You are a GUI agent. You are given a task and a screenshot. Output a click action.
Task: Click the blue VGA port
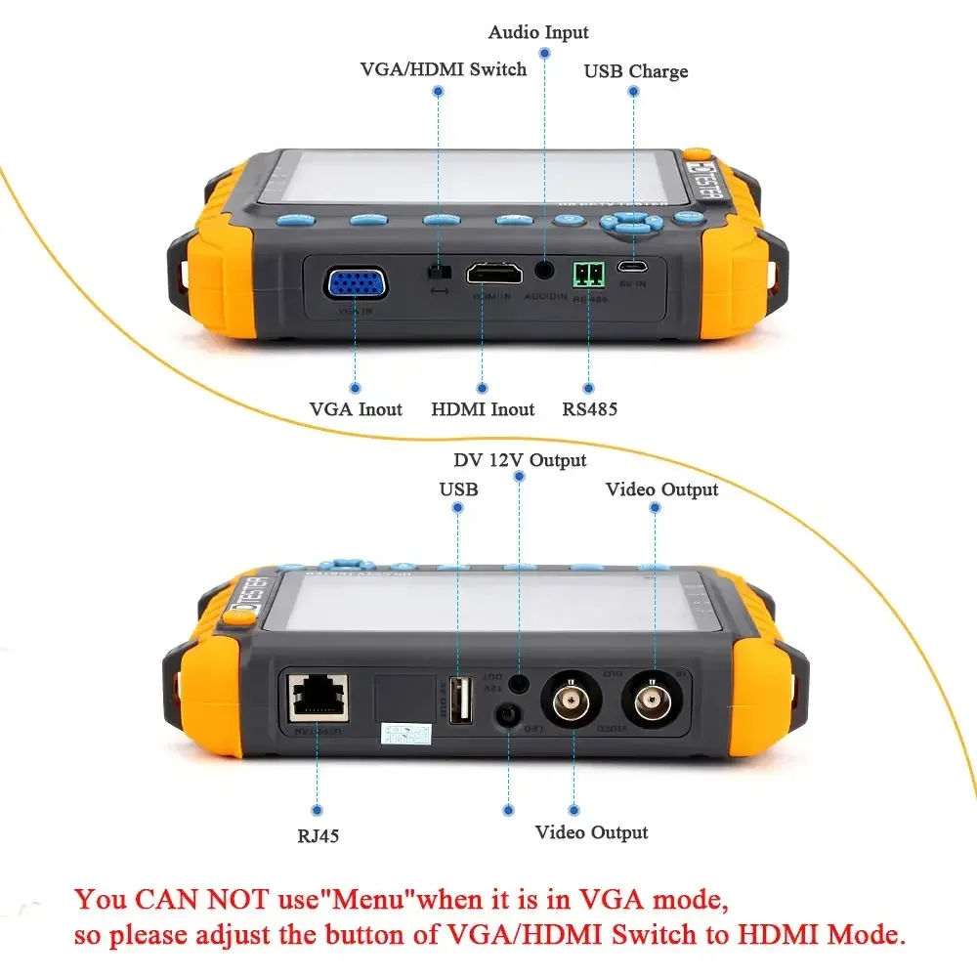[x=356, y=284]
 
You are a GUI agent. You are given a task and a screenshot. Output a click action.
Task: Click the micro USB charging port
[x=633, y=267]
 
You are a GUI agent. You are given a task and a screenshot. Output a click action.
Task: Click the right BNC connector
[x=650, y=702]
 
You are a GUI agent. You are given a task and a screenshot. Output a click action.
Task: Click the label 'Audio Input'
[x=538, y=33]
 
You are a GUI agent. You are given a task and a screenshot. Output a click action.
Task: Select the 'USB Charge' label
[x=636, y=71]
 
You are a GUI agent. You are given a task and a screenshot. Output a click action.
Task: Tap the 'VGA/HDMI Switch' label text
[x=444, y=69]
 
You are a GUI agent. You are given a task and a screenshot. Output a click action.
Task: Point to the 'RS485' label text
[x=589, y=409]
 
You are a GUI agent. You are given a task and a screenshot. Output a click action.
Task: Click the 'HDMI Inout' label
[x=483, y=409]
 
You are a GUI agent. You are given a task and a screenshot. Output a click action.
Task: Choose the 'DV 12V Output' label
[x=520, y=459]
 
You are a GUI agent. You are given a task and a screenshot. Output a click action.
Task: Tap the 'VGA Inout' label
[x=356, y=409]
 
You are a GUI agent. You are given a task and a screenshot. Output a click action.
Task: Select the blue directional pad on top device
[x=631, y=224]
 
